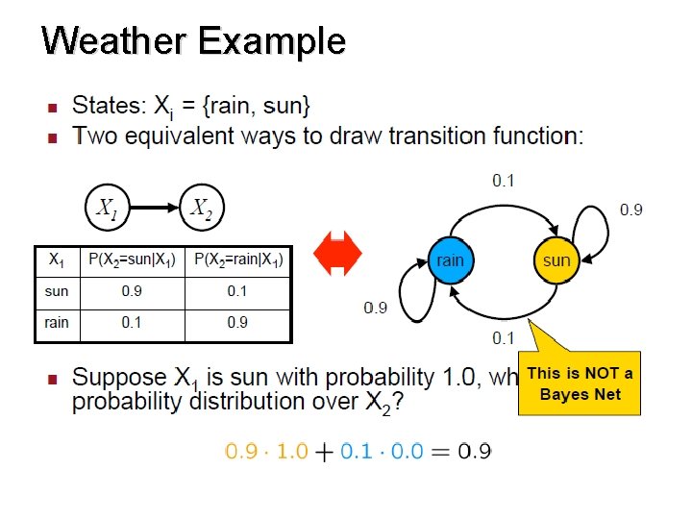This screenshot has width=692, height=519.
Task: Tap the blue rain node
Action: [x=450, y=260]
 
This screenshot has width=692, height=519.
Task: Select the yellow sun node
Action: [x=556, y=260]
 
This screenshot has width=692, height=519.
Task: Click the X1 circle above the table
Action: [x=108, y=208]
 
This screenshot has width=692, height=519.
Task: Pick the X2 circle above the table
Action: [x=202, y=208]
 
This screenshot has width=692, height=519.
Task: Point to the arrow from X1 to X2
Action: [x=154, y=208]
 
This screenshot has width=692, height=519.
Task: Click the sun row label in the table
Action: [x=57, y=291]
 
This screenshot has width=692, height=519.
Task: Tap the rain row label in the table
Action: [x=57, y=323]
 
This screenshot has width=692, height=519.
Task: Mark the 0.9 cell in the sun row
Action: [x=132, y=291]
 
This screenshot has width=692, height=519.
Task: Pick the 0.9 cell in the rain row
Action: [x=238, y=323]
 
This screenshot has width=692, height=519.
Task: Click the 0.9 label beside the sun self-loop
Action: [x=630, y=210]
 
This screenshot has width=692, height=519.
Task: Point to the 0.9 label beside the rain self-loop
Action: [x=375, y=308]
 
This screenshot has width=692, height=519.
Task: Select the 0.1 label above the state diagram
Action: [x=504, y=179]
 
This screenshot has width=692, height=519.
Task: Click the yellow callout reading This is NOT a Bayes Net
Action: [x=580, y=383]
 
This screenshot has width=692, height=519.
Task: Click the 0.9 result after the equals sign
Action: [x=475, y=452]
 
